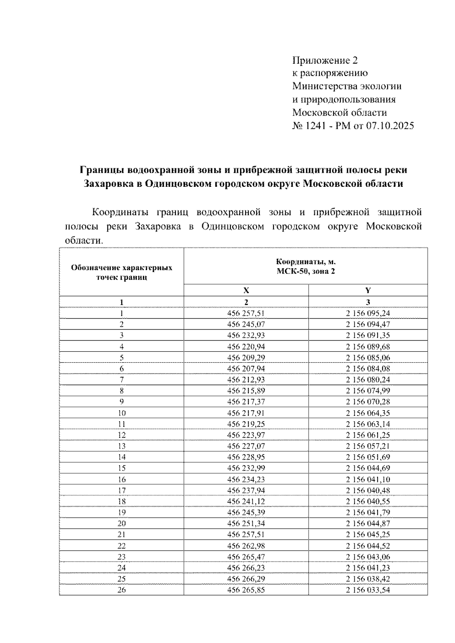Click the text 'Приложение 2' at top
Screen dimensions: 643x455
click(325, 60)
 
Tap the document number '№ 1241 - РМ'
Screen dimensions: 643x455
click(321, 126)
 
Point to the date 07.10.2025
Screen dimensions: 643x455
click(390, 126)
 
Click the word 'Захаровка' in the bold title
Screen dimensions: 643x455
click(106, 184)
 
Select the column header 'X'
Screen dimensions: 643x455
click(246, 290)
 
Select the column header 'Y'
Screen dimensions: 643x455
click(368, 290)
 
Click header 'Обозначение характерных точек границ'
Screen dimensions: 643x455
click(121, 272)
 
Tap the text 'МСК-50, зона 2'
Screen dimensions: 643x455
click(306, 271)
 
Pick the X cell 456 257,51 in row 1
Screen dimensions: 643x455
click(246, 313)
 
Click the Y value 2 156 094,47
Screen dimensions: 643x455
click(368, 324)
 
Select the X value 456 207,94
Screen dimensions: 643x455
click(246, 369)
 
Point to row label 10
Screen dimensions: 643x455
click(121, 413)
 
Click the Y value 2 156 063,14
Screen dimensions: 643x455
click(368, 424)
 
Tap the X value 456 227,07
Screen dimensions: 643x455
click(246, 446)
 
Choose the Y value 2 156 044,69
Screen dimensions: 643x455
click(368, 468)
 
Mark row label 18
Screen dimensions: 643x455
click(121, 501)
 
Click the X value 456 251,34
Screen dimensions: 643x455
click(246, 523)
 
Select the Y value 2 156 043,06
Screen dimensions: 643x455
click(368, 557)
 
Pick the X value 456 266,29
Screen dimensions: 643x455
click(246, 579)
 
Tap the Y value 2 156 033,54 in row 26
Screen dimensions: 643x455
click(368, 590)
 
